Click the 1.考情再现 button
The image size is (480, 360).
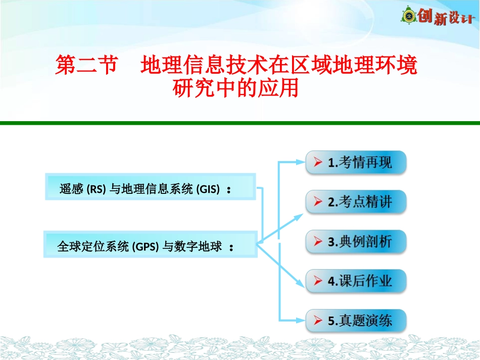(x=356, y=163)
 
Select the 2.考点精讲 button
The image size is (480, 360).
(x=356, y=202)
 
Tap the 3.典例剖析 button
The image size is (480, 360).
(x=356, y=241)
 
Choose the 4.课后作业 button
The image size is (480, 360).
(x=356, y=281)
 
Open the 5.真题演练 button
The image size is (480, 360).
(x=356, y=320)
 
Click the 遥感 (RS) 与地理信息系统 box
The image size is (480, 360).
(x=151, y=187)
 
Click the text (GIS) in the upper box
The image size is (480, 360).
(x=208, y=190)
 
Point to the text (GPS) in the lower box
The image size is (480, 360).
(x=146, y=247)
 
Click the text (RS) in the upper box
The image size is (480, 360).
(x=95, y=190)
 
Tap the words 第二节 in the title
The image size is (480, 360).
(x=86, y=66)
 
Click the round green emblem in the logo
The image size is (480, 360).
(x=408, y=16)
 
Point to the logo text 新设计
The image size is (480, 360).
(x=453, y=19)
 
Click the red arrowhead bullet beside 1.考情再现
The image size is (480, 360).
(x=318, y=163)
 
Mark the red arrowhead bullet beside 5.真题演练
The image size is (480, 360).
(x=318, y=320)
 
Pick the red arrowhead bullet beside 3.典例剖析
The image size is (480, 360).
(x=318, y=241)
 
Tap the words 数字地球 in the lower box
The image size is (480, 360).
(x=199, y=247)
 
